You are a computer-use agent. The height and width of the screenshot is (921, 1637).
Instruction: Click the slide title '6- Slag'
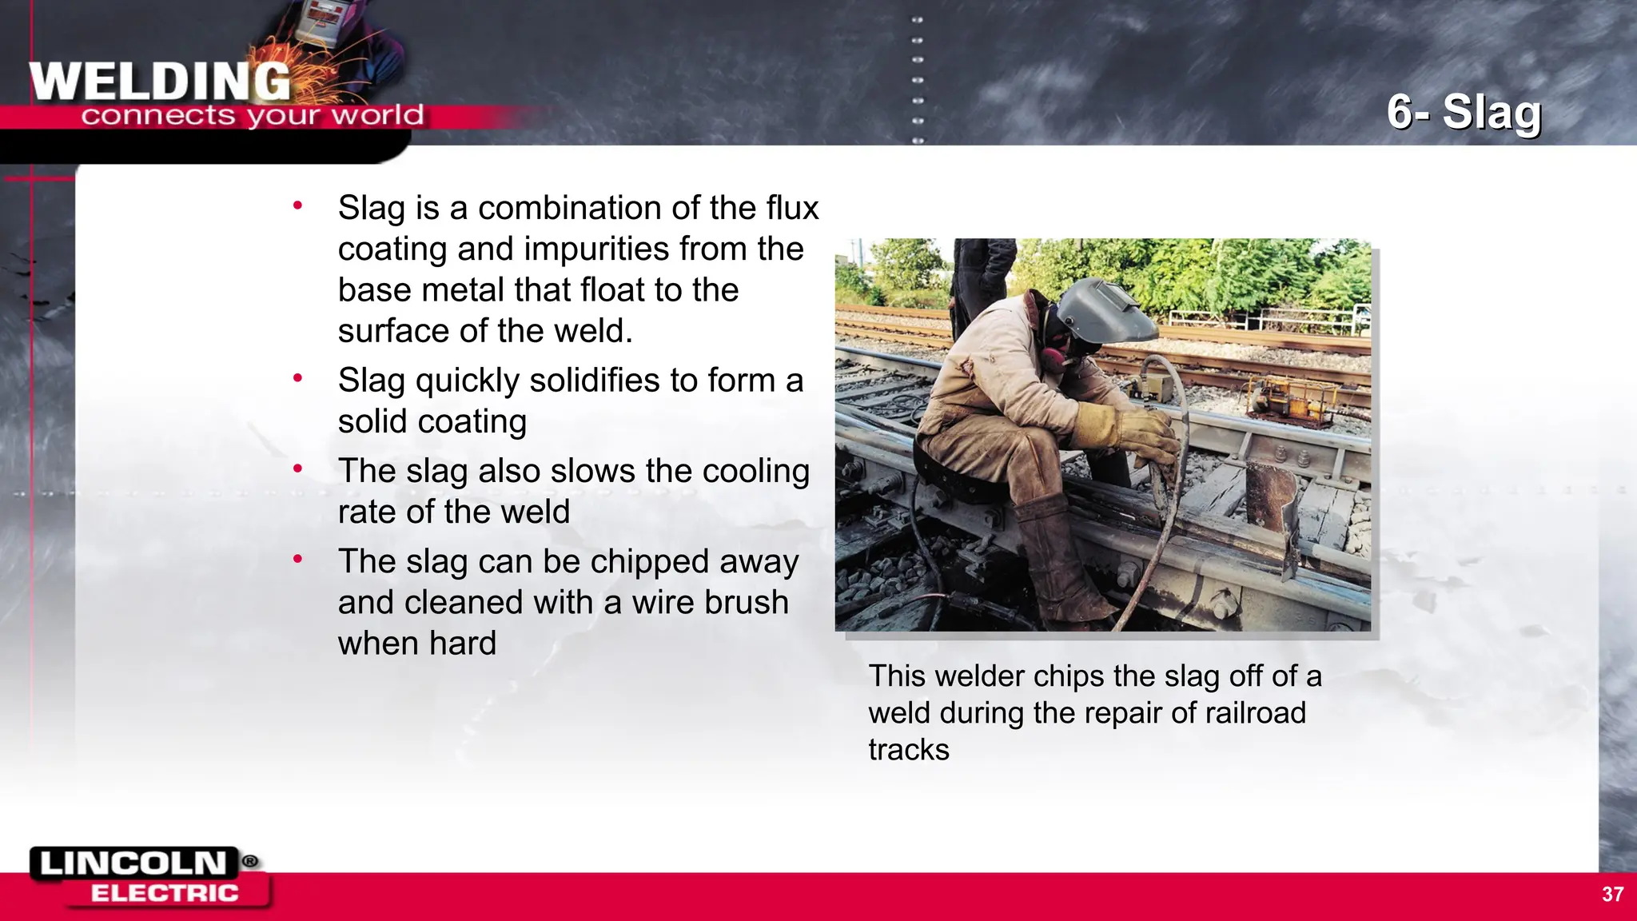pos(1464,112)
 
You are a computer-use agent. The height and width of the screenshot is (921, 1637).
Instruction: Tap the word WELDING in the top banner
pos(160,82)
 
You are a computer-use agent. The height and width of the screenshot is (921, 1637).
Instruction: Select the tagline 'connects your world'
pos(252,116)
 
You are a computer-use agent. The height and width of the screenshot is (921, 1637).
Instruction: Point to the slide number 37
pos(1612,894)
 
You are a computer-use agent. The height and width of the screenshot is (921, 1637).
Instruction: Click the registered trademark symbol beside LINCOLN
pos(250,861)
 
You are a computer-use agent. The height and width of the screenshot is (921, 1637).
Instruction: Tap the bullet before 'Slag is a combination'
pos(297,205)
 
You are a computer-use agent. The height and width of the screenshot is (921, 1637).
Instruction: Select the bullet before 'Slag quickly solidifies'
pos(297,378)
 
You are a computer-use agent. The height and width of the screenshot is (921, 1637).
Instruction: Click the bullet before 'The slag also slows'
pos(297,468)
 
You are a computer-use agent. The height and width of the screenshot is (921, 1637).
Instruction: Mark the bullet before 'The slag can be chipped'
pos(297,559)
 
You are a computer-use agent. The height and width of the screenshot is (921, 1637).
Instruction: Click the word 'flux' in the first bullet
pos(793,208)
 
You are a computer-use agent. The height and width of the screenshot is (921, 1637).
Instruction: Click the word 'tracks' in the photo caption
pos(909,750)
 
